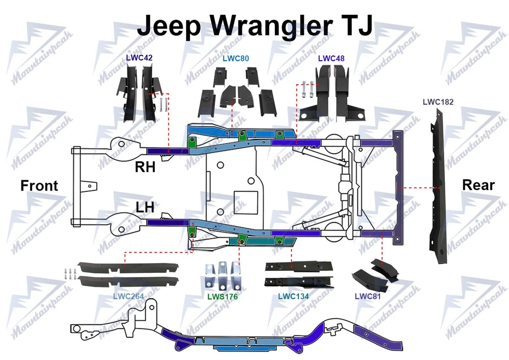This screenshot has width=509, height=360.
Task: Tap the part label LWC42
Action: tap(139, 58)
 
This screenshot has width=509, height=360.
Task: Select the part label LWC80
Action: tap(236, 58)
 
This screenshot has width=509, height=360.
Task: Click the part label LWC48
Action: tap(331, 58)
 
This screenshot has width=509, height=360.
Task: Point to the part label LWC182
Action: tap(438, 102)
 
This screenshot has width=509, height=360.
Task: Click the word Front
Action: tap(39, 186)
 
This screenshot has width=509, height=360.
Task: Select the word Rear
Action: tap(478, 185)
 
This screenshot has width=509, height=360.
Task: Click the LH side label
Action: tap(145, 207)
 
